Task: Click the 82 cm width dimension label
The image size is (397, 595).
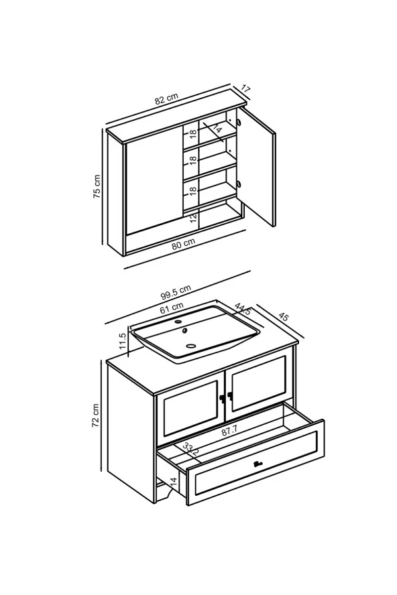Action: pos(166,98)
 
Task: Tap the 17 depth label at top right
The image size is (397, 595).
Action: pos(246,89)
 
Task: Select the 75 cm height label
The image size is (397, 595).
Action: pos(97,187)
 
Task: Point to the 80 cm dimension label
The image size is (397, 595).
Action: pos(184,244)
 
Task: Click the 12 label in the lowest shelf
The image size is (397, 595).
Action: pos(193,218)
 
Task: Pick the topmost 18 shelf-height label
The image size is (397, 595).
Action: pos(193,133)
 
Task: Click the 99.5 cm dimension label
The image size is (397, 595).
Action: pos(176,292)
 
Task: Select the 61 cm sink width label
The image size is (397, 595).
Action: pos(172,308)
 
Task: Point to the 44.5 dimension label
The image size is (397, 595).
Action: pos(243,309)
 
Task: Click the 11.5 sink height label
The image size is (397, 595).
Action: pos(122,341)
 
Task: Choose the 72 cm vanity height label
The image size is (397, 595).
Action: pos(95,415)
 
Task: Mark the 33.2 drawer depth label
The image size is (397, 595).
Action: pos(190,450)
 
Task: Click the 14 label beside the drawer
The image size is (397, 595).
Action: pos(173,482)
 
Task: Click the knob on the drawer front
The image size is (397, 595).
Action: pos(258,463)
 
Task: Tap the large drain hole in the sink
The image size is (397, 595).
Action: pos(191,346)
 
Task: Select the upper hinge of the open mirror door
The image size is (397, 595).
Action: pos(239,122)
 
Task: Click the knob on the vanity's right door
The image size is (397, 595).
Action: pos(230,396)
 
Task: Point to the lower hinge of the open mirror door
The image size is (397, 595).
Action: pos(239,184)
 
